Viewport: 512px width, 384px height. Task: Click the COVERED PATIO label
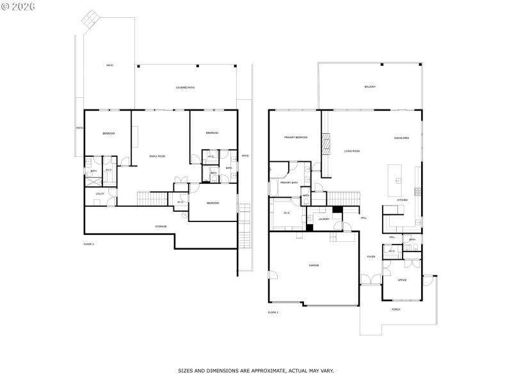pyautogui.click(x=186, y=87)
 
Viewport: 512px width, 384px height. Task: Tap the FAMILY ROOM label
pyautogui.click(x=157, y=156)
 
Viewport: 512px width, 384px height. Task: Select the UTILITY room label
pyautogui.click(x=100, y=193)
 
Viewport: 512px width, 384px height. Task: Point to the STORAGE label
pyautogui.click(x=161, y=227)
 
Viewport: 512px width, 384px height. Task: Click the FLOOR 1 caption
pyautogui.click(x=89, y=244)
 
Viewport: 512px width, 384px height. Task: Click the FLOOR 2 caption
pyautogui.click(x=273, y=312)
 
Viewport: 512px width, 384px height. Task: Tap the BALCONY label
pyautogui.click(x=370, y=86)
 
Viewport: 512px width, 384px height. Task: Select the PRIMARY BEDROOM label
pyautogui.click(x=296, y=137)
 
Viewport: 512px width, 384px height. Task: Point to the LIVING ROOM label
pyautogui.click(x=352, y=151)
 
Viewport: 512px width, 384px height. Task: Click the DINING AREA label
pyautogui.click(x=402, y=138)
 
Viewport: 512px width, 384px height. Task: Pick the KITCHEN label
pyautogui.click(x=402, y=200)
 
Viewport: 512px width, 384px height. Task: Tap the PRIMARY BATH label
pyautogui.click(x=290, y=182)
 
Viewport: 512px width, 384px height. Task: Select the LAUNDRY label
pyautogui.click(x=324, y=219)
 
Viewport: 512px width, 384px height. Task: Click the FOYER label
pyautogui.click(x=371, y=257)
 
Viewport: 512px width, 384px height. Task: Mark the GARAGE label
pyautogui.click(x=314, y=265)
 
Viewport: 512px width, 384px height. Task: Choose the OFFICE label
pyautogui.click(x=402, y=280)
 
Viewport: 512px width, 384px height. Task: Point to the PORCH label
pyautogui.click(x=396, y=310)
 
